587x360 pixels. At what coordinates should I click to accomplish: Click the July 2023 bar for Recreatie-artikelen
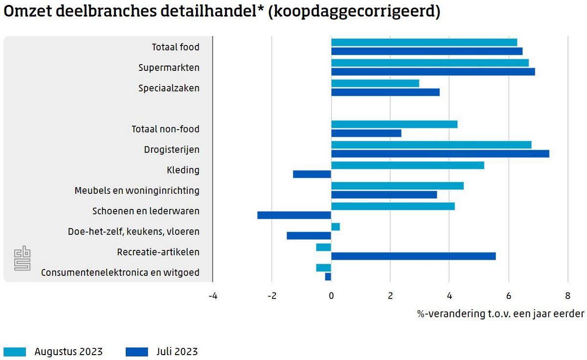[x=413, y=256]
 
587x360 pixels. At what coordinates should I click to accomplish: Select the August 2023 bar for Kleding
[x=407, y=165]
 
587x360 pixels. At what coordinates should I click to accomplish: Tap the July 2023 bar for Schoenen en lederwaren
[x=294, y=215]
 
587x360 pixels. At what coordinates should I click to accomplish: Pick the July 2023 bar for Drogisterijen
[x=440, y=154]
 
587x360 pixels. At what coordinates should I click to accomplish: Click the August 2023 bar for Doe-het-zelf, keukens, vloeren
[x=336, y=227]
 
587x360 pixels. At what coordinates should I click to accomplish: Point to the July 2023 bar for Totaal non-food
[x=366, y=133]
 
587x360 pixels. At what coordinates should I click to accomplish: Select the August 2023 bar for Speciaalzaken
[x=375, y=83]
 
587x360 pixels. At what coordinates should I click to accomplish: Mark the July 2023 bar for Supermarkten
[x=433, y=72]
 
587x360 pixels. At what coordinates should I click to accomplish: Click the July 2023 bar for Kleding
[x=312, y=174]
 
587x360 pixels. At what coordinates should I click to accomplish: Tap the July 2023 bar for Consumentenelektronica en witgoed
[x=328, y=277]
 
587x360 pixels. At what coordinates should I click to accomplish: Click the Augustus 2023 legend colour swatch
[x=15, y=352]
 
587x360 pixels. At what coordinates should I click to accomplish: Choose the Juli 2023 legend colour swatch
[x=137, y=352]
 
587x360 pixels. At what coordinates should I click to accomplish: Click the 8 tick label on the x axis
[x=567, y=296]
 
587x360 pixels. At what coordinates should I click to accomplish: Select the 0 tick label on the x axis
[x=331, y=296]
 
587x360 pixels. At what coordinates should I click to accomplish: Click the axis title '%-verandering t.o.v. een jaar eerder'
[x=500, y=314]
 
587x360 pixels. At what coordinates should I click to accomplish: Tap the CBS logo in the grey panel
[x=22, y=259]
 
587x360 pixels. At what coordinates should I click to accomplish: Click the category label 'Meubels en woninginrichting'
[x=137, y=190]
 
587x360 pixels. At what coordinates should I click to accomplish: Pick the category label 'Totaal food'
[x=176, y=47]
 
